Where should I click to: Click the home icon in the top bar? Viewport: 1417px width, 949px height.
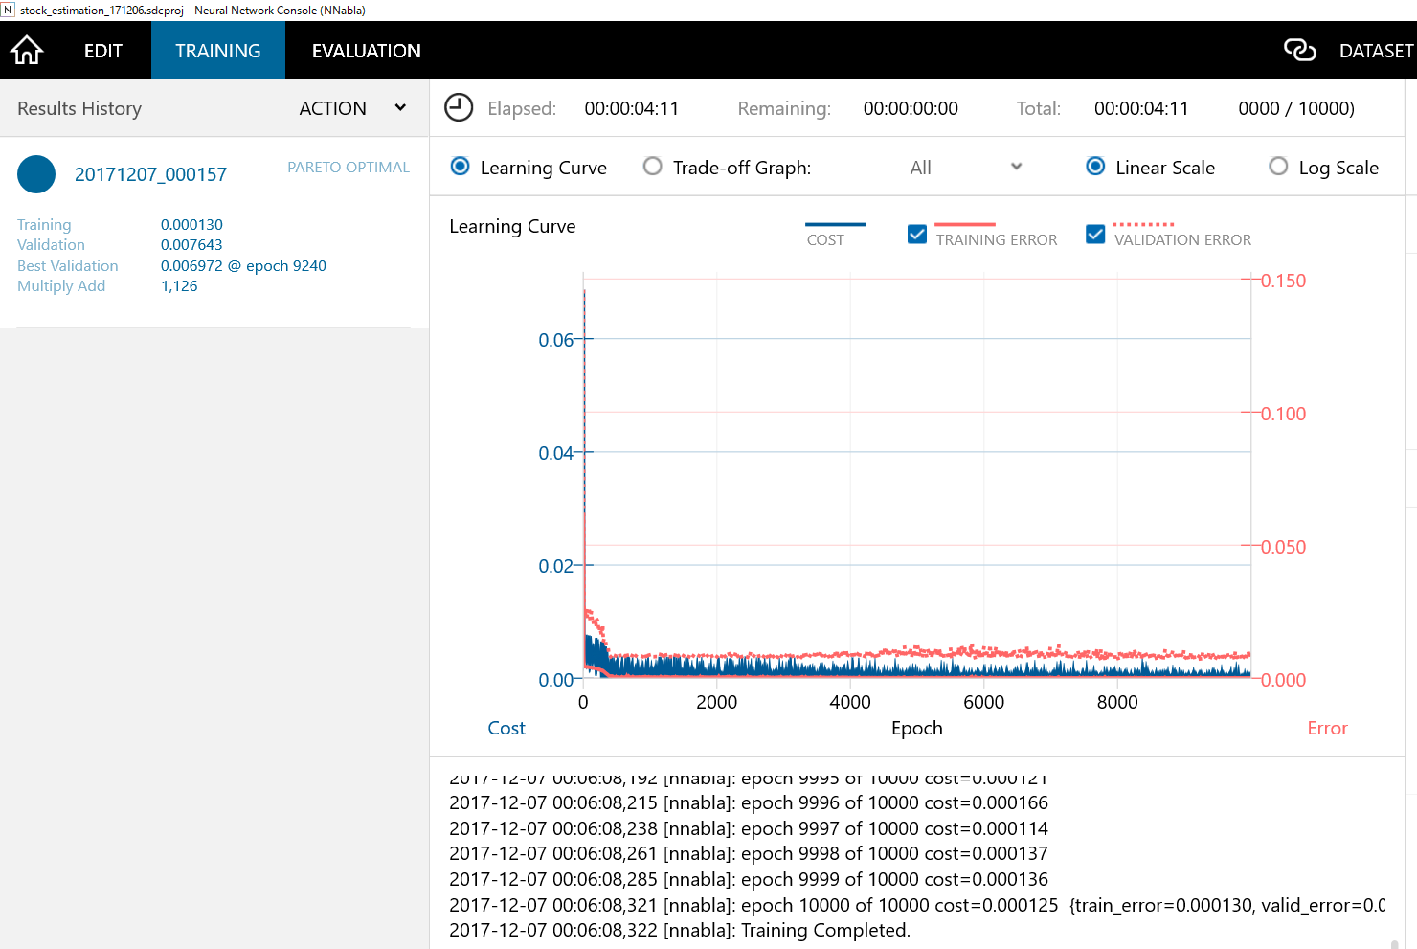click(x=28, y=50)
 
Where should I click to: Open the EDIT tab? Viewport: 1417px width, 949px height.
click(x=103, y=51)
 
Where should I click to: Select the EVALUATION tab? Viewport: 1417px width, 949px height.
click(x=366, y=51)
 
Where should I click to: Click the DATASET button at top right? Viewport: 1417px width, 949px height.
click(x=1375, y=51)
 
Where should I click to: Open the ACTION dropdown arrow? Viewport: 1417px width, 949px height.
click(x=400, y=108)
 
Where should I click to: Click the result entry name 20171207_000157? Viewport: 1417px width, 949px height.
click(x=150, y=174)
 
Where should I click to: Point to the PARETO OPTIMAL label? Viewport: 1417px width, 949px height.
click(x=349, y=168)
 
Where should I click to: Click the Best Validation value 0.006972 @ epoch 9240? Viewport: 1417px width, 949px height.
click(x=243, y=266)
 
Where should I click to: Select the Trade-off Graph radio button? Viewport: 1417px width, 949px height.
click(x=653, y=167)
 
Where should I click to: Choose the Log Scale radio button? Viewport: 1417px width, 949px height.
click(x=1278, y=167)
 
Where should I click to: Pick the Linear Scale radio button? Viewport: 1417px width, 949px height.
click(x=1095, y=167)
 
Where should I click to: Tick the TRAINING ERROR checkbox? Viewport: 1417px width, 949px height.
click(x=917, y=235)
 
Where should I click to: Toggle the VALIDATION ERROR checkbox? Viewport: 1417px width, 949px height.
click(x=1095, y=235)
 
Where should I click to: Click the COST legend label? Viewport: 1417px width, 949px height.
click(x=825, y=240)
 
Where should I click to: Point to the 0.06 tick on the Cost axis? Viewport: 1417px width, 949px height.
click(x=555, y=340)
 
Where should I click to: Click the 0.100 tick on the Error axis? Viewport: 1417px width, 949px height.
click(x=1283, y=414)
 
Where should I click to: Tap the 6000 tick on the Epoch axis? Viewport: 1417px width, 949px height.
click(x=983, y=702)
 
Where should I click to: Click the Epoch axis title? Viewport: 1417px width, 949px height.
click(x=916, y=728)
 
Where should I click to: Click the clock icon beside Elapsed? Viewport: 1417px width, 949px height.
click(x=460, y=107)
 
